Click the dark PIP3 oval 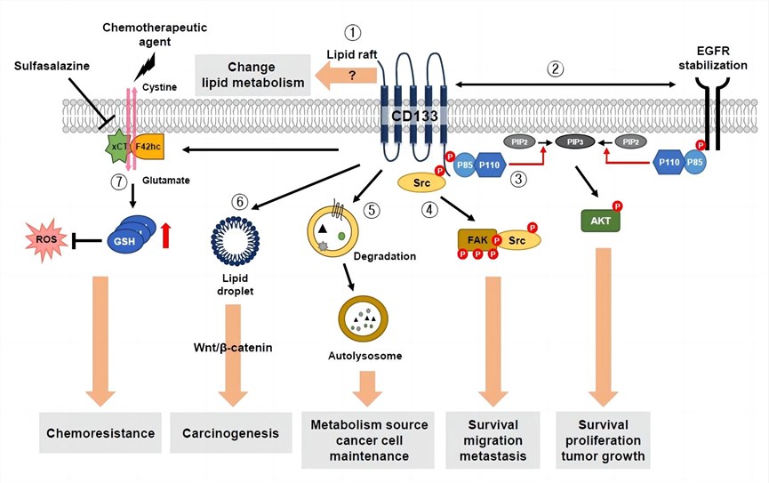573,141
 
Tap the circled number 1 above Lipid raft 354,33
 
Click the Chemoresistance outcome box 99,433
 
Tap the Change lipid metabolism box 250,74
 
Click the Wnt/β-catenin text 233,347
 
